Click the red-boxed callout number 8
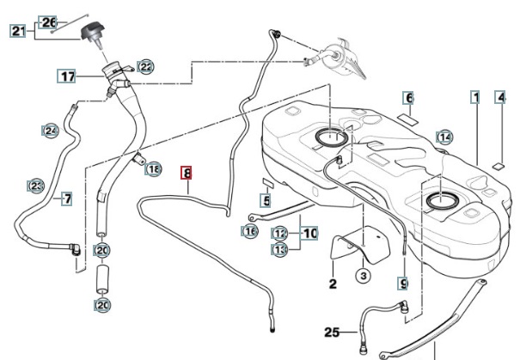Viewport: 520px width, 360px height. [187, 173]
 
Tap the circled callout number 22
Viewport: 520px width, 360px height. [146, 66]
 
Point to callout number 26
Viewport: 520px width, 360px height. [48, 21]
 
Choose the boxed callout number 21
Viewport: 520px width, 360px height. [18, 32]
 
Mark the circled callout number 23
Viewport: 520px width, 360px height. [36, 186]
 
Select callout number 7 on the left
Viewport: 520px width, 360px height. [66, 198]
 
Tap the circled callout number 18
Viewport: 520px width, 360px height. [153, 169]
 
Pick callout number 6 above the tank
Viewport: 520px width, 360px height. [409, 98]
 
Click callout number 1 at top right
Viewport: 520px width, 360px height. [474, 97]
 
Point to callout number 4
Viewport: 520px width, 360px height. [500, 98]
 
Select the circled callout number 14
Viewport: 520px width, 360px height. [444, 137]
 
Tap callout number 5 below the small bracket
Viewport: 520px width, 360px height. [266, 201]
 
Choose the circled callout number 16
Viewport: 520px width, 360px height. [250, 230]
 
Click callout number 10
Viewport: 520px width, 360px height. [309, 233]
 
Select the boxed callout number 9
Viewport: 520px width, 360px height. [403, 283]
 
